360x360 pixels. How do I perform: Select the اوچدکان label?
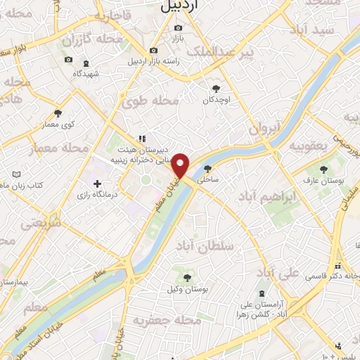[217, 100]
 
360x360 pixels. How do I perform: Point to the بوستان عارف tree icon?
[323, 169]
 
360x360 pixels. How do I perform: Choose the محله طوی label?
[152, 101]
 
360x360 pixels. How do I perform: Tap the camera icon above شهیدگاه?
[68, 60]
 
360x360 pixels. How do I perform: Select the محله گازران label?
[67, 41]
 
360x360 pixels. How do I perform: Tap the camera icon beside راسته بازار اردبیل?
[153, 50]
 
